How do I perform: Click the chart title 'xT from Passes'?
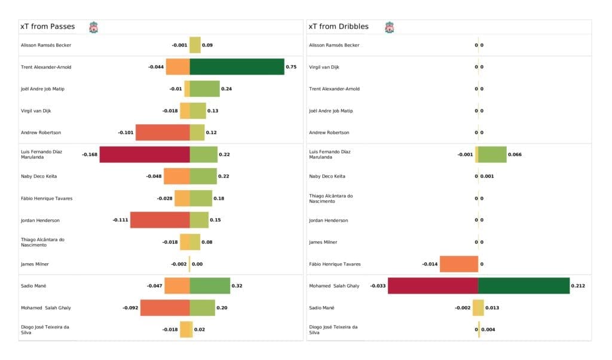point(47,27)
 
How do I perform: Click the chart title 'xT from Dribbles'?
point(338,27)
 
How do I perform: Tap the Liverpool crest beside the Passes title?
point(93,28)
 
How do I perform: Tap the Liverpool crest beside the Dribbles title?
point(390,28)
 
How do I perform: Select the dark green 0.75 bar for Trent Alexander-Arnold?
point(237,67)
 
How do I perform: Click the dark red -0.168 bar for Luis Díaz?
point(145,154)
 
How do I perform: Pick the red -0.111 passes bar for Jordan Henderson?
point(160,220)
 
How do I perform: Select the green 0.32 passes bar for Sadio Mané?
point(210,286)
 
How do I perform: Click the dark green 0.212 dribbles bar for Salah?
point(524,286)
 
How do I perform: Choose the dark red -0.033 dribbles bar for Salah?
point(433,286)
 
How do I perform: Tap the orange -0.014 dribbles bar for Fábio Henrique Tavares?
point(458,264)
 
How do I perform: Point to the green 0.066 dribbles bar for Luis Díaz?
point(492,154)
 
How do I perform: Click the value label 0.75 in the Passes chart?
point(291,67)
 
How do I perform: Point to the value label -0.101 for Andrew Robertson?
point(126,133)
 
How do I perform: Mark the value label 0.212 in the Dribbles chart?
point(578,286)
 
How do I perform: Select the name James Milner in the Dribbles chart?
point(323,242)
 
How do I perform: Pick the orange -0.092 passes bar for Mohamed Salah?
point(165,308)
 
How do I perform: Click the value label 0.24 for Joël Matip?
point(227,89)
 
